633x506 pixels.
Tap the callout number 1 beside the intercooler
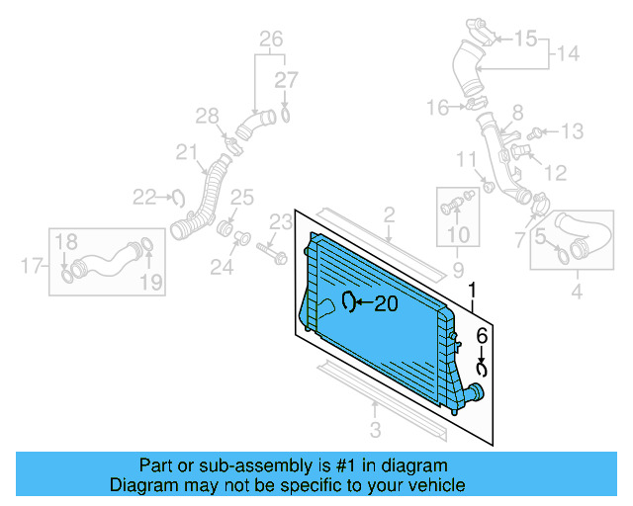point(473,292)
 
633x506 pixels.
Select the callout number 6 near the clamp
point(482,336)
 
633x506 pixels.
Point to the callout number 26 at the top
point(271,40)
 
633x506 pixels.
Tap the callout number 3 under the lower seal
point(375,429)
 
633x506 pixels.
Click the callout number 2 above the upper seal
point(389,214)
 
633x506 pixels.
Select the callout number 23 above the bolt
point(282,220)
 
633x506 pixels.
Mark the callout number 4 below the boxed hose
point(577,292)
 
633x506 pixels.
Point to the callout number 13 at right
point(573,131)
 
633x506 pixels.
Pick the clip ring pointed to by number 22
point(178,197)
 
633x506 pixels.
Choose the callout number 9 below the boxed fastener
point(458,269)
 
